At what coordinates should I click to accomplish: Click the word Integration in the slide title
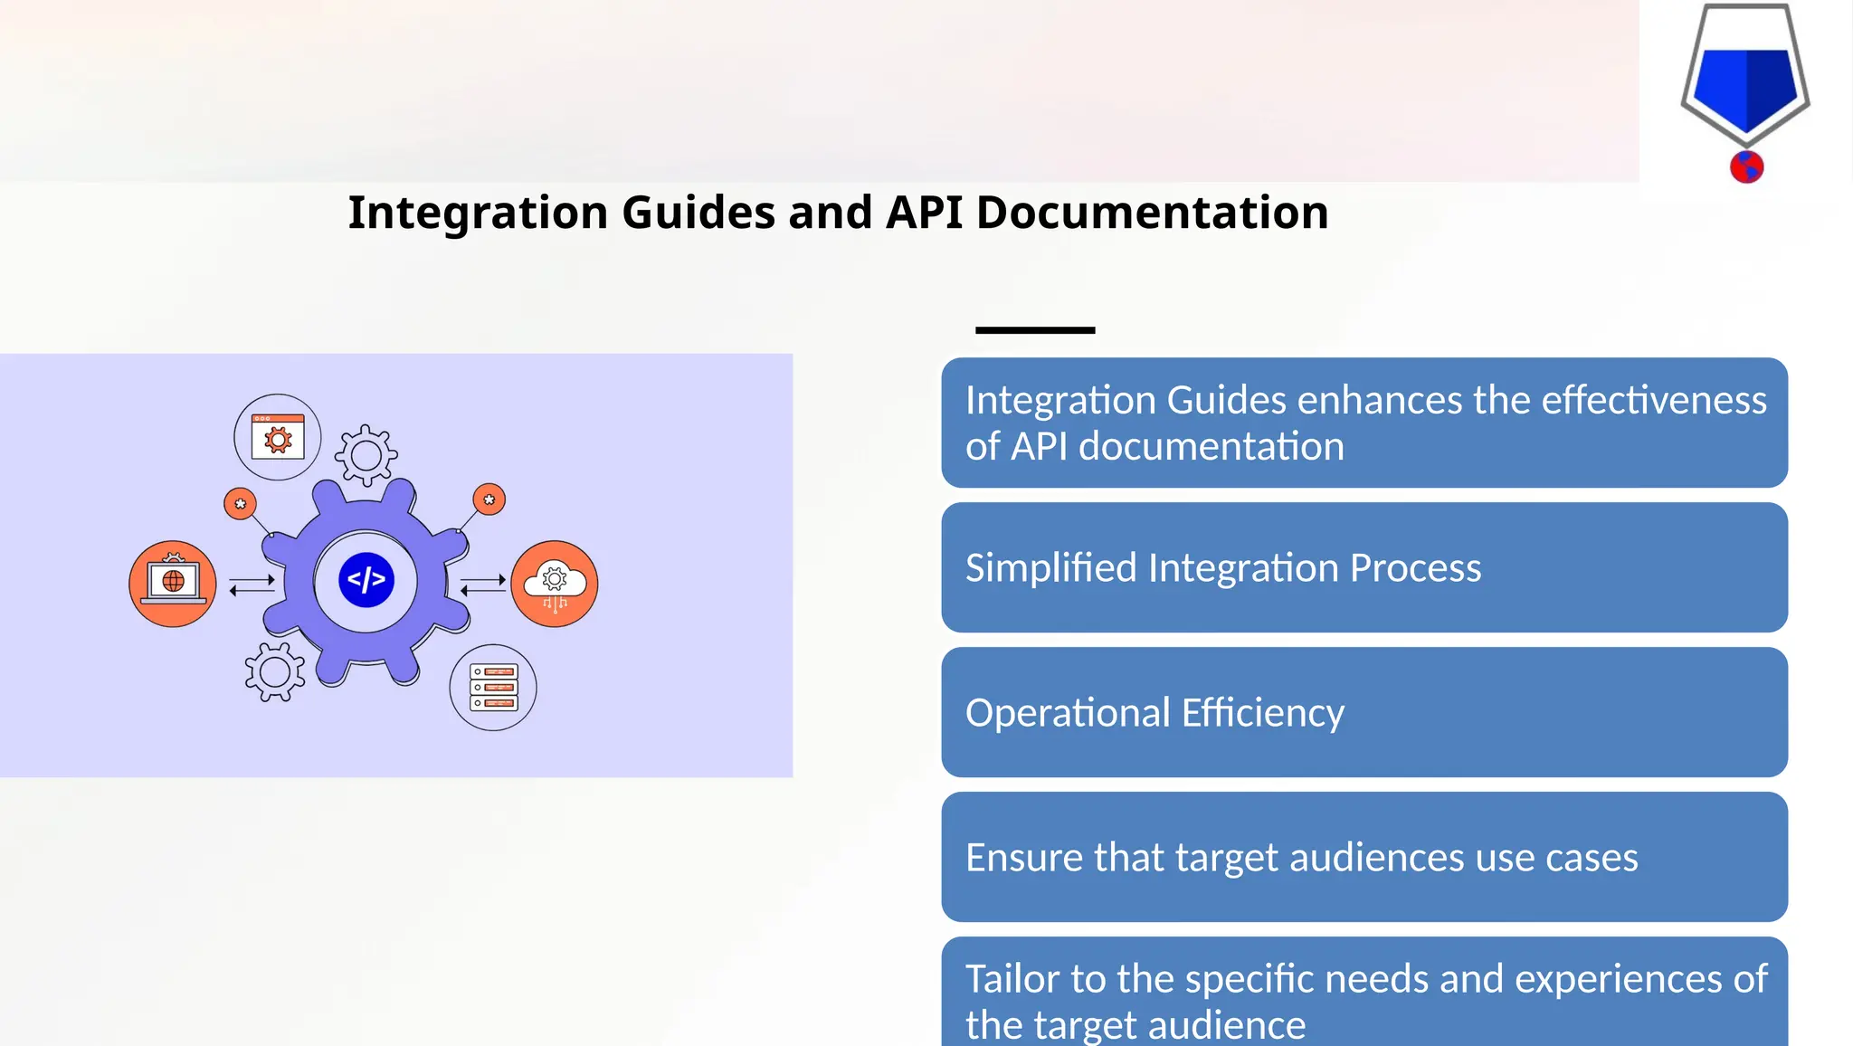[x=478, y=214]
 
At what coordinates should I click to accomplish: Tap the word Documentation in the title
[x=1152, y=214]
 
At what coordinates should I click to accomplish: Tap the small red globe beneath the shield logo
[x=1746, y=167]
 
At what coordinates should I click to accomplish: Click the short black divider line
[x=1035, y=330]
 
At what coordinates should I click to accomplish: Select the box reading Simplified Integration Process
[x=1364, y=567]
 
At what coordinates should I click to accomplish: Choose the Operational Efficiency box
[x=1364, y=712]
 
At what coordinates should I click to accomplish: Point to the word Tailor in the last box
[x=1012, y=979]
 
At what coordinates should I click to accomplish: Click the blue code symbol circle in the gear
[x=366, y=580]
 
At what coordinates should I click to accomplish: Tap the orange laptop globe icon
[x=173, y=584]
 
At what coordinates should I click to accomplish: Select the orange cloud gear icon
[x=555, y=584]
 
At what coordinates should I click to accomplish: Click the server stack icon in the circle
[x=493, y=688]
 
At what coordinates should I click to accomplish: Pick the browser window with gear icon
[x=278, y=437]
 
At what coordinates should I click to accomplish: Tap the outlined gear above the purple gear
[x=366, y=455]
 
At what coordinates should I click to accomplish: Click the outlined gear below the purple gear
[x=275, y=672]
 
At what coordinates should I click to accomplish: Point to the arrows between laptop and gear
[x=252, y=585]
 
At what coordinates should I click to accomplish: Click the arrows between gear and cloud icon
[x=482, y=585]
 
